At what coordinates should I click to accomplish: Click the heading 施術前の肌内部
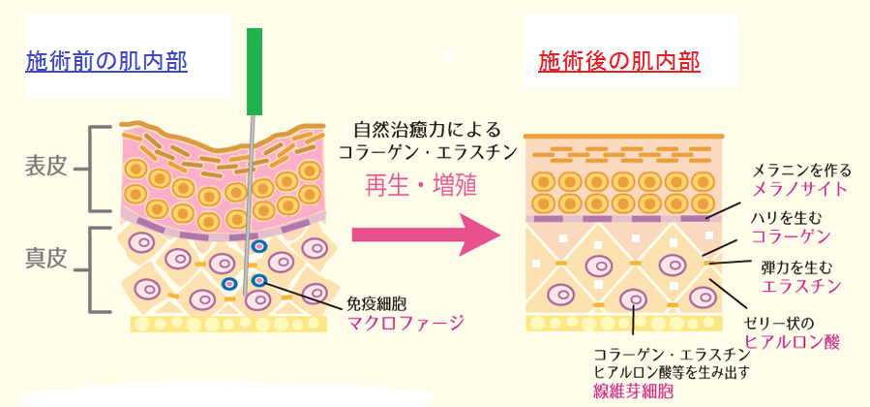click(106, 62)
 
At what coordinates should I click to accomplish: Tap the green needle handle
click(255, 69)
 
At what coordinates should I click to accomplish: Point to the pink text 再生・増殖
click(420, 185)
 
